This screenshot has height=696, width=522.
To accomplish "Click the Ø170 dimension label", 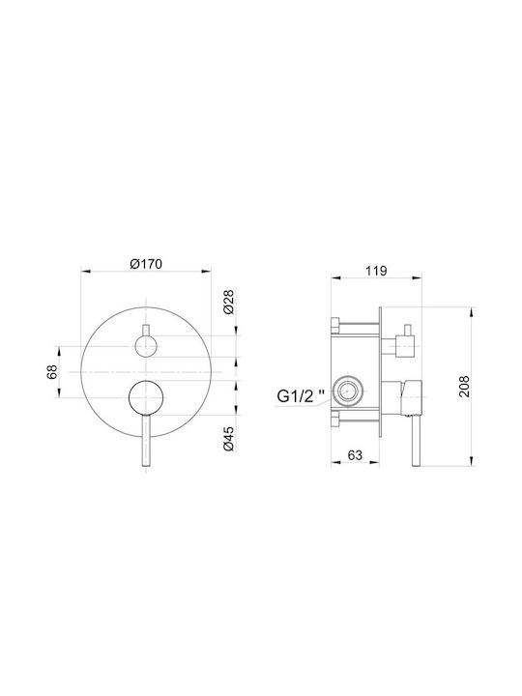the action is coord(146,264).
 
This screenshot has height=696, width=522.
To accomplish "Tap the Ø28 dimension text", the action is coord(229,302).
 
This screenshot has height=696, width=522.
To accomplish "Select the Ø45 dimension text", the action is coord(229,439).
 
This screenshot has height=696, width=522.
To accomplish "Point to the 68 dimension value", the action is coord(53,371).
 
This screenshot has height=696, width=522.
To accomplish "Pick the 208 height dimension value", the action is coord(463,386).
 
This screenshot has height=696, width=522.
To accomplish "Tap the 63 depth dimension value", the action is coord(355,455).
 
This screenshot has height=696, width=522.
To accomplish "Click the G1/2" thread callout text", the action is coord(301,395).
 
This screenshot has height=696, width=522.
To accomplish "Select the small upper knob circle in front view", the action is coord(146,346).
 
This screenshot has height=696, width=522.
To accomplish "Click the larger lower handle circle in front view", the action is coord(146,397).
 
